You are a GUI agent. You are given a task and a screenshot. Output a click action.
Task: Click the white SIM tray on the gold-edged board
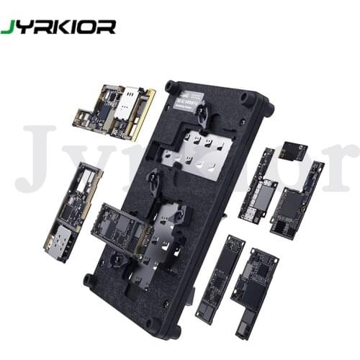coord(132,99)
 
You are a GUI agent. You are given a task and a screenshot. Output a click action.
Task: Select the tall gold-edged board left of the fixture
coord(74,209)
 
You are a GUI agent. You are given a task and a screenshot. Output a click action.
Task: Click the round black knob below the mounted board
coord(114,258)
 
